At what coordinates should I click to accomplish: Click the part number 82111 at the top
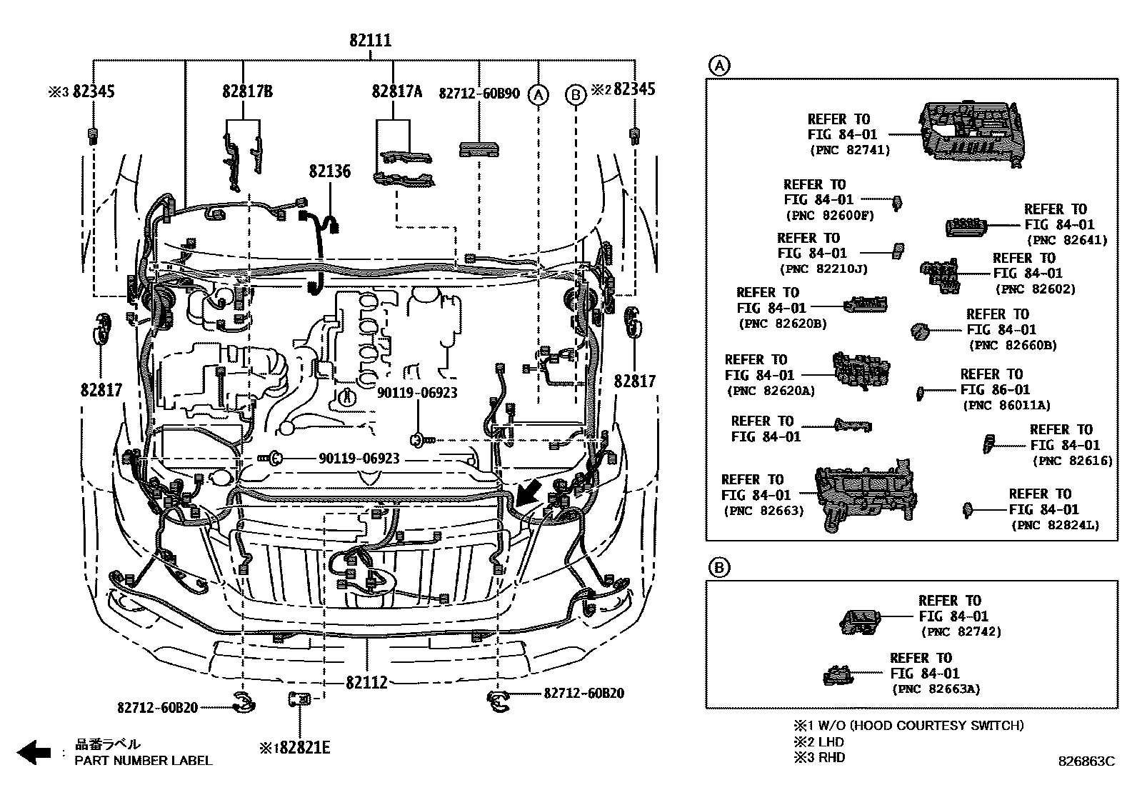coord(370,40)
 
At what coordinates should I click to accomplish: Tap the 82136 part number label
coord(330,171)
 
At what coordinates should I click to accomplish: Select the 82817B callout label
coord(247,91)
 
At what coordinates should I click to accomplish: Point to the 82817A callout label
coord(397,91)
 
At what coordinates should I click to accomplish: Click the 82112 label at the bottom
coord(366,683)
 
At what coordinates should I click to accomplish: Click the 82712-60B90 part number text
coord(479,93)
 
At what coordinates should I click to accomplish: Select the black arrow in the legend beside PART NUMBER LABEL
coord(34,752)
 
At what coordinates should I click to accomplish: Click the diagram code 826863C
coord(1086,762)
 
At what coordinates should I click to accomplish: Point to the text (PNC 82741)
coord(850,150)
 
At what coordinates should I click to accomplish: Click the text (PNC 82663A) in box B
coord(936,689)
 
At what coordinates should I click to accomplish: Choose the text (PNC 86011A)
coord(1006,405)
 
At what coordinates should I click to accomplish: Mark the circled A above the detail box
coord(718,66)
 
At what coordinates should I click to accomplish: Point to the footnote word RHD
coord(831,757)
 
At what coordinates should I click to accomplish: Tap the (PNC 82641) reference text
coord(1066,240)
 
